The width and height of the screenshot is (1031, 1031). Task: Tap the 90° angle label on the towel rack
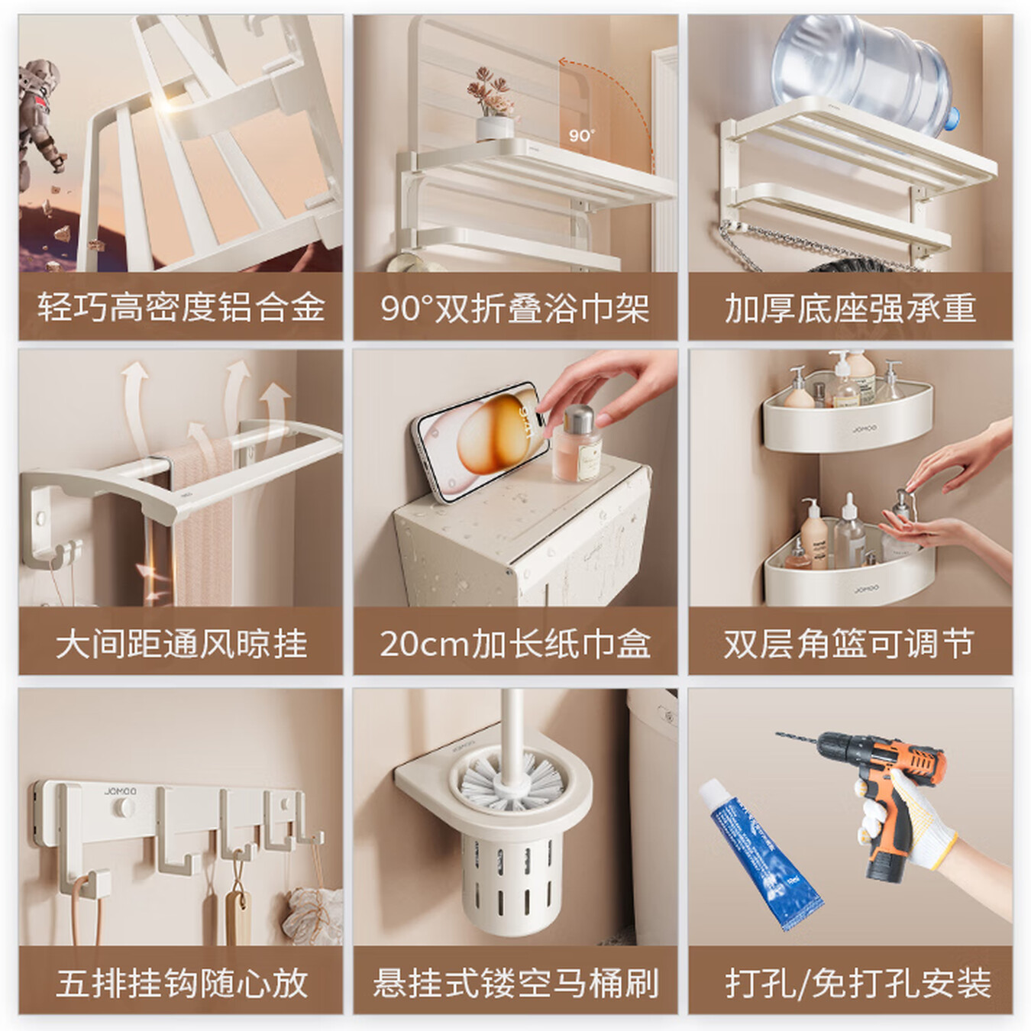click(581, 135)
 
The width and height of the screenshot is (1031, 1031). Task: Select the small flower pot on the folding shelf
click(492, 127)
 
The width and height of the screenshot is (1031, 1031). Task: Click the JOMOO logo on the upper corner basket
click(865, 429)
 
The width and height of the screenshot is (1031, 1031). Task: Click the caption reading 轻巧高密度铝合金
click(181, 308)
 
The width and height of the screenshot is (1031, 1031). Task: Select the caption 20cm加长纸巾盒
click(515, 643)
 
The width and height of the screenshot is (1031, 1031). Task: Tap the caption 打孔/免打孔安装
click(858, 982)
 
